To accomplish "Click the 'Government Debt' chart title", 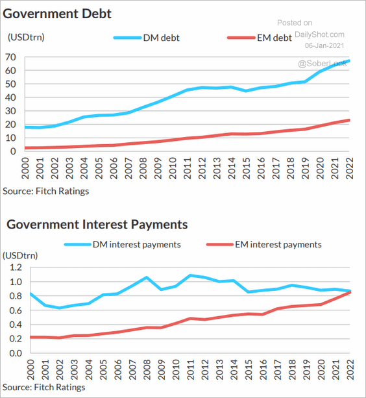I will pos(58,14).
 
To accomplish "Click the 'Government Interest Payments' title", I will pos(97,225).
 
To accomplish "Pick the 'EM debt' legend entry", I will pos(273,38).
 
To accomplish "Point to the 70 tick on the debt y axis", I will pos(10,57).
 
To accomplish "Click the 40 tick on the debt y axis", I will pos(10,97).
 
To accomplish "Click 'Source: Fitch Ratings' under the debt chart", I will pos(46,191).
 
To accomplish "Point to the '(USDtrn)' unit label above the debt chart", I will pos(26,37).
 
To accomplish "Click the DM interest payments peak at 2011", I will pos(189,275).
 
